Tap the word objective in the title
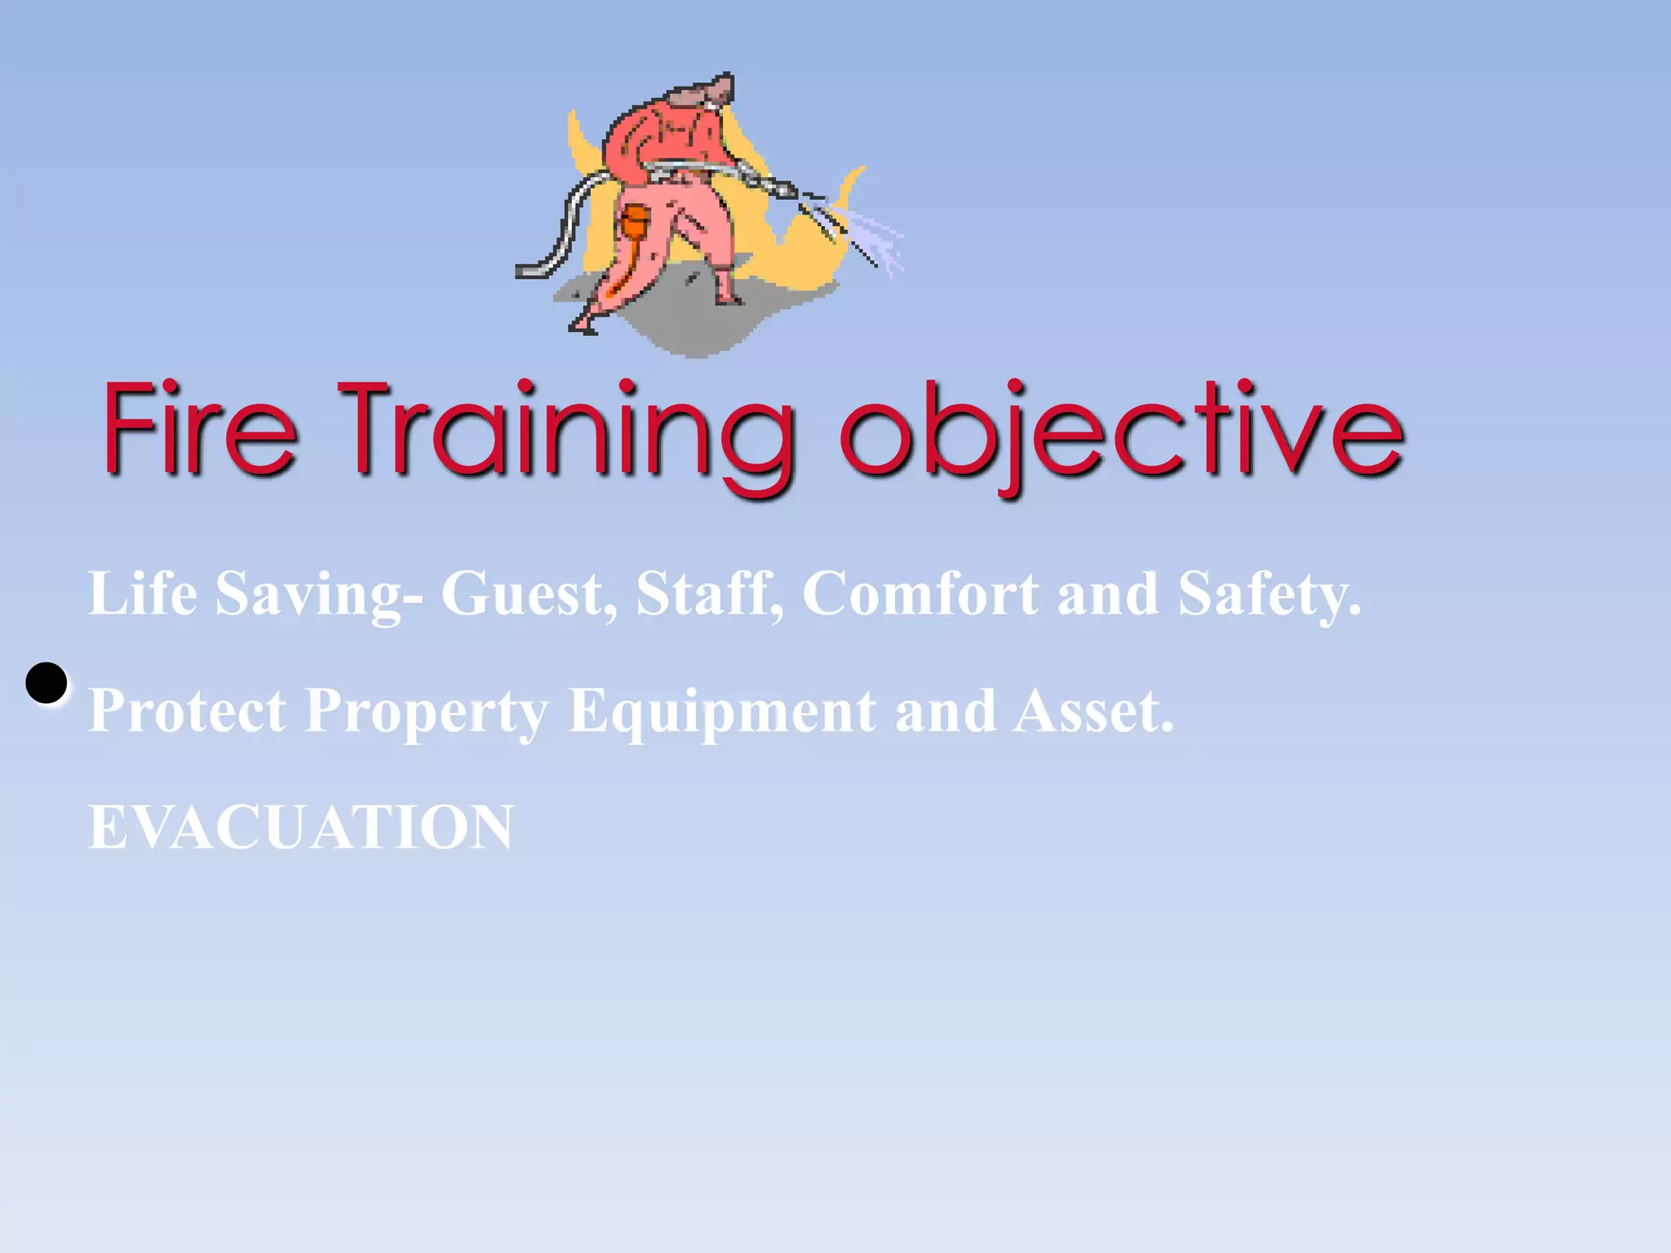pyautogui.click(x=1122, y=432)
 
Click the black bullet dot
pyautogui.click(x=47, y=683)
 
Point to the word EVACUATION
pyautogui.click(x=300, y=827)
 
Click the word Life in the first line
pyautogui.click(x=142, y=593)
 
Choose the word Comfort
pyautogui.click(x=920, y=593)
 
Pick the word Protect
pyautogui.click(x=187, y=711)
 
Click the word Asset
pyautogui.click(x=1093, y=711)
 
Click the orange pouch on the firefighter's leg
pyautogui.click(x=634, y=221)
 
